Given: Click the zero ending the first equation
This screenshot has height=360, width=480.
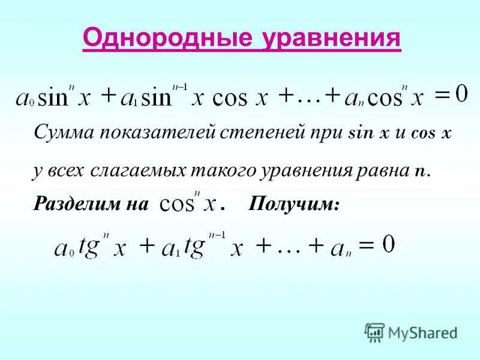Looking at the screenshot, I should (461, 94).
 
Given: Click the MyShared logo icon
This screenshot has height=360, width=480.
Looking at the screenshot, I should (374, 331).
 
